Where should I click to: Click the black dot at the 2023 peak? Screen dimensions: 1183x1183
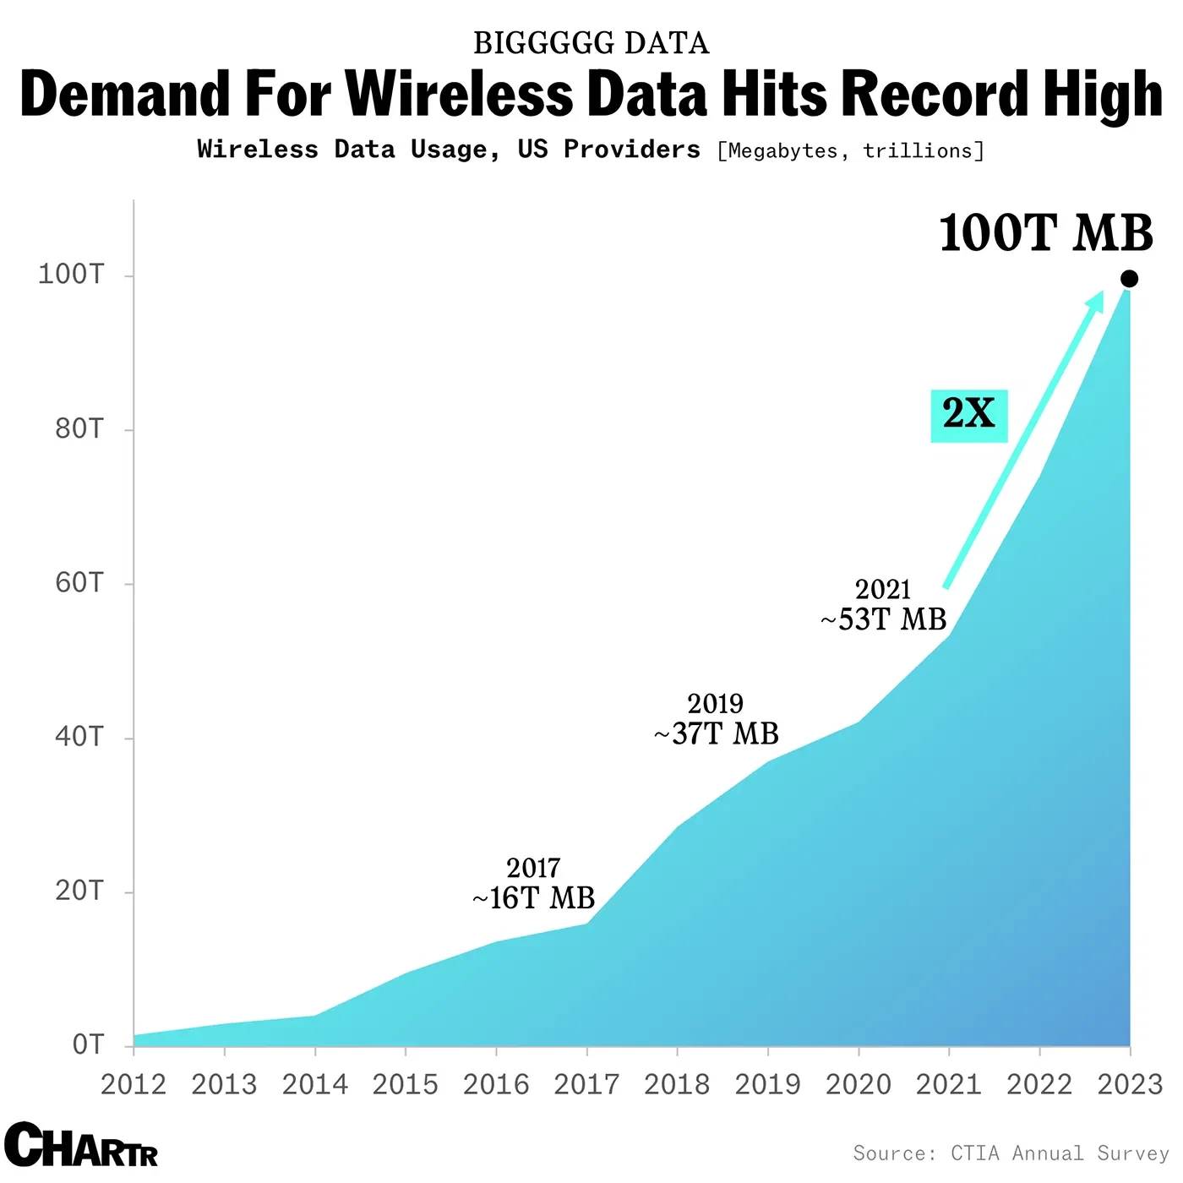[1129, 279]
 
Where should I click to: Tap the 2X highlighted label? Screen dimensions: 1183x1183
[969, 414]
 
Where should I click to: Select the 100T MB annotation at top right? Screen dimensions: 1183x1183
[1046, 233]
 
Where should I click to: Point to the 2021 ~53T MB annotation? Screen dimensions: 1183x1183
[883, 605]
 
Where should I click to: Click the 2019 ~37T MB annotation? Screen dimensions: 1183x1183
[716, 719]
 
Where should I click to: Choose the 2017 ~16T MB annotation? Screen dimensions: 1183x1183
[533, 884]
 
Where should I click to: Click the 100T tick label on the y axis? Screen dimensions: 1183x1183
[71, 275]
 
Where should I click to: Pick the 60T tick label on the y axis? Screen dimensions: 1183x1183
[79, 583]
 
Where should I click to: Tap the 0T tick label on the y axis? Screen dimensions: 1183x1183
[88, 1045]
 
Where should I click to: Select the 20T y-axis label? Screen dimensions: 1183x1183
[79, 891]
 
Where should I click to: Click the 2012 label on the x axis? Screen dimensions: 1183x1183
[134, 1084]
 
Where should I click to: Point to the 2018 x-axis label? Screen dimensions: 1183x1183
[677, 1084]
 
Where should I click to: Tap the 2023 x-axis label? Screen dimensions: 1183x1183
[1130, 1084]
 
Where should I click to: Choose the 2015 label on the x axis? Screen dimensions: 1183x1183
[406, 1084]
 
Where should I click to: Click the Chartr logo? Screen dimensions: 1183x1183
[81, 1146]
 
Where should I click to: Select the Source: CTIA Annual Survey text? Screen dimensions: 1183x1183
[1011, 1153]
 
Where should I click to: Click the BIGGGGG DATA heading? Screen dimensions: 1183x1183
[591, 43]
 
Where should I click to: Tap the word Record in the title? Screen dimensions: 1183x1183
[935, 94]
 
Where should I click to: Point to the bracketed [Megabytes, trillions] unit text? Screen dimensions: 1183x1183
[851, 151]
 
